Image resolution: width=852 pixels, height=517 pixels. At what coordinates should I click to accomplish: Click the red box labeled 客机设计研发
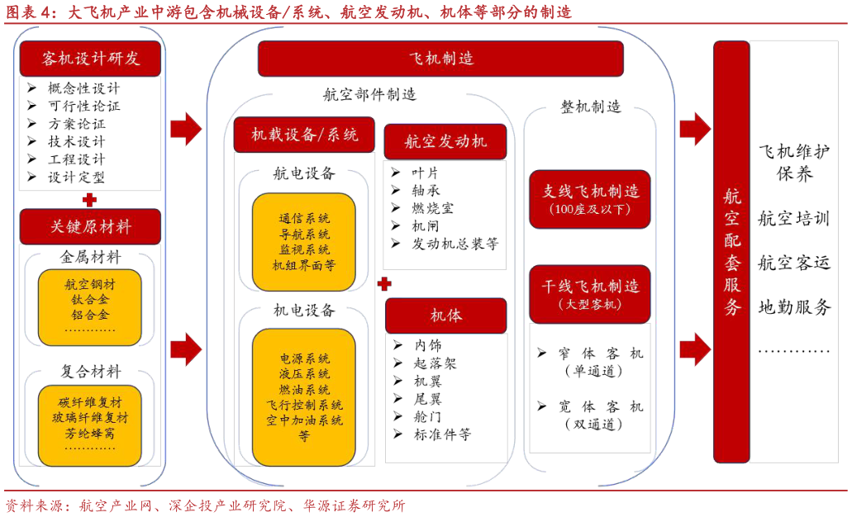click(x=90, y=59)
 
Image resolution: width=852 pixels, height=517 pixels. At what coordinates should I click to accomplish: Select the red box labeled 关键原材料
click(x=90, y=226)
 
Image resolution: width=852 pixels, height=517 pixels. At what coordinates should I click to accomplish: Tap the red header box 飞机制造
click(x=440, y=59)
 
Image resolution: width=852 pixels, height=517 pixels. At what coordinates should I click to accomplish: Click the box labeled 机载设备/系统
click(x=304, y=135)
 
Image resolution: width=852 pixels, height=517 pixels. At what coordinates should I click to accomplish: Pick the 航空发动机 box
click(x=445, y=141)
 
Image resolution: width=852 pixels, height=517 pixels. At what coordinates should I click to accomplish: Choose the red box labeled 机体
click(x=445, y=315)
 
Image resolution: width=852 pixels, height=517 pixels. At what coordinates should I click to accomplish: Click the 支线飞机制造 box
click(x=590, y=198)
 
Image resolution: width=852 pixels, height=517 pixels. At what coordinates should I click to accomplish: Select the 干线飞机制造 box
click(x=590, y=294)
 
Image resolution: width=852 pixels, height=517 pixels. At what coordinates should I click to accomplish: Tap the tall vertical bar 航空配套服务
click(x=731, y=252)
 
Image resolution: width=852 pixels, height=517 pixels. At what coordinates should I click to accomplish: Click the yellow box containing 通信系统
click(x=304, y=242)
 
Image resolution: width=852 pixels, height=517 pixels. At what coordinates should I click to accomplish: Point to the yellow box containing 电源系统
click(x=304, y=396)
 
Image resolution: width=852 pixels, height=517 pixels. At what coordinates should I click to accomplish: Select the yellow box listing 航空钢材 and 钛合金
click(x=89, y=306)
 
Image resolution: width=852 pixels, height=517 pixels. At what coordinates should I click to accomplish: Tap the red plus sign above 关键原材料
click(x=89, y=200)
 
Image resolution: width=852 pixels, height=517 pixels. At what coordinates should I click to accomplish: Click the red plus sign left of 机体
click(x=383, y=284)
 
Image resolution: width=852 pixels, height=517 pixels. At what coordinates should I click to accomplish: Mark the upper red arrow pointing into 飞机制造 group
click(x=186, y=128)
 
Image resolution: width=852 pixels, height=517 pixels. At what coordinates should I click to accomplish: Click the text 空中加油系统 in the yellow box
click(x=304, y=420)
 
